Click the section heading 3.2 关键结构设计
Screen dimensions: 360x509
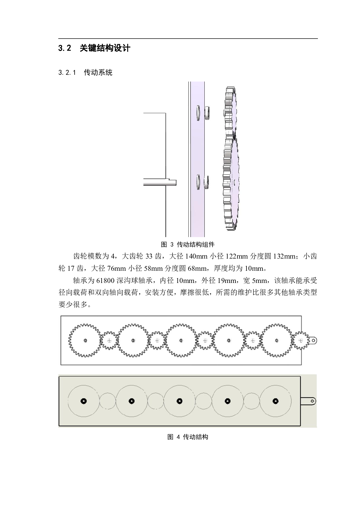(94, 48)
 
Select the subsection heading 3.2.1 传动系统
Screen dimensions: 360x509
(85, 73)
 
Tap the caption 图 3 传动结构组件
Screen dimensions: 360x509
(188, 245)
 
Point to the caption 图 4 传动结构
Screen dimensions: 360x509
(188, 437)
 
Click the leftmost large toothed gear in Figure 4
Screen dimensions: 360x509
(85, 340)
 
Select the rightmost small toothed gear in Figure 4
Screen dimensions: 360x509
(300, 340)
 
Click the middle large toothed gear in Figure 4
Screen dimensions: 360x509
(181, 340)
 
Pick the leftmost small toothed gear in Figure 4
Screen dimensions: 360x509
(109, 340)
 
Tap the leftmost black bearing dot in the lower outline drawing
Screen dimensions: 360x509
(84, 401)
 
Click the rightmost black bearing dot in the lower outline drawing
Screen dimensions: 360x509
(276, 401)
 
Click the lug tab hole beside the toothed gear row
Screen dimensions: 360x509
(314, 340)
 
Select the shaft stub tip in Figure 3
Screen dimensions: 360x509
(175, 183)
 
